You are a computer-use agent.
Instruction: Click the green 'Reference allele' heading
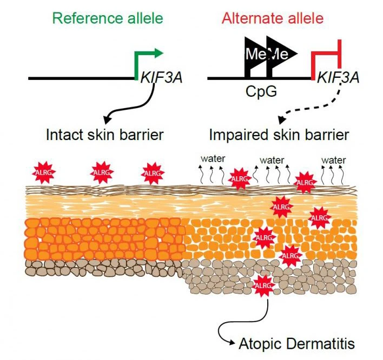pyautogui.click(x=108, y=18)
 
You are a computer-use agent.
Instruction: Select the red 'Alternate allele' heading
pyautogui.click(x=273, y=18)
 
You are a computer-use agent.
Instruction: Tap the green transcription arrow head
pyautogui.click(x=159, y=53)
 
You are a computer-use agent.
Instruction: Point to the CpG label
pyautogui.click(x=261, y=91)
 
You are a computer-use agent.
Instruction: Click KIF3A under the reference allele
pyautogui.click(x=161, y=78)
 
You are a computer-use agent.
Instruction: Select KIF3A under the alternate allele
pyautogui.click(x=338, y=78)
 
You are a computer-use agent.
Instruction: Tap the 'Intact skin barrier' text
pyautogui.click(x=104, y=135)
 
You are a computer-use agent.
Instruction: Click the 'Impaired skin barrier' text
pyautogui.click(x=279, y=135)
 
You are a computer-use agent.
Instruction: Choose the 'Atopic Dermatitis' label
pyautogui.click(x=297, y=344)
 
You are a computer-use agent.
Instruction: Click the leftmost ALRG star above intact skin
pyautogui.click(x=44, y=172)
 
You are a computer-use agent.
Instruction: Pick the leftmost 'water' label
pyautogui.click(x=213, y=159)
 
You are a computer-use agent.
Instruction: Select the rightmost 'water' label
pyautogui.click(x=333, y=161)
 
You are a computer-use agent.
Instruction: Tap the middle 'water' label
pyautogui.click(x=272, y=161)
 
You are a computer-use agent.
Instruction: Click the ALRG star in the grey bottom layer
pyautogui.click(x=263, y=285)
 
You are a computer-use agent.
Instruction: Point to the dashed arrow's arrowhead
pyautogui.click(x=282, y=120)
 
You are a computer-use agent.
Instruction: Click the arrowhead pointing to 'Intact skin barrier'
pyautogui.click(x=107, y=119)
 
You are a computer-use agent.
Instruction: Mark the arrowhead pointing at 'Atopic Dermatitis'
pyautogui.click(x=232, y=342)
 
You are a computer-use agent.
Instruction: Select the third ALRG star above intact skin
pyautogui.click(x=153, y=173)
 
